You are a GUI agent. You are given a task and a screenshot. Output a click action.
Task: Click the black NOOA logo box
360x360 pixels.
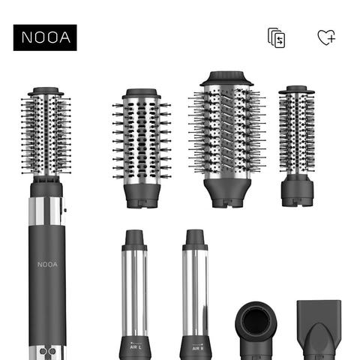coord(45,37)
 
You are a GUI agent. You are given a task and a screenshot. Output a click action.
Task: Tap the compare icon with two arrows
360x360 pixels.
coord(277,37)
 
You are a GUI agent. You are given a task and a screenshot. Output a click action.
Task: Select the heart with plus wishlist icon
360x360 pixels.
coord(326,37)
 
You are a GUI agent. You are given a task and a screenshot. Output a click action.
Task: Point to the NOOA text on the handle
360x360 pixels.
coord(47,265)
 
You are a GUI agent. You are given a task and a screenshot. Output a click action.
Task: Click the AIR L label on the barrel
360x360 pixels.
coord(135,347)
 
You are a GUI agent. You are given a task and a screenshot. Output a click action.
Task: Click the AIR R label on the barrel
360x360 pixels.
coord(198,348)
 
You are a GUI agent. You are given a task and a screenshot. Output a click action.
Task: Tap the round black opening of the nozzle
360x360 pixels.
coord(256,320)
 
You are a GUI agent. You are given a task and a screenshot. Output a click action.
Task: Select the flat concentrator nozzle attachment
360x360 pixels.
coord(319,330)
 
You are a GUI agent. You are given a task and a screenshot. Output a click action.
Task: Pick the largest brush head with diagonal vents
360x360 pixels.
coord(227,139)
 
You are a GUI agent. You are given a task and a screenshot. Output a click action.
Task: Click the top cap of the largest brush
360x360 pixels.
coord(226,79)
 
